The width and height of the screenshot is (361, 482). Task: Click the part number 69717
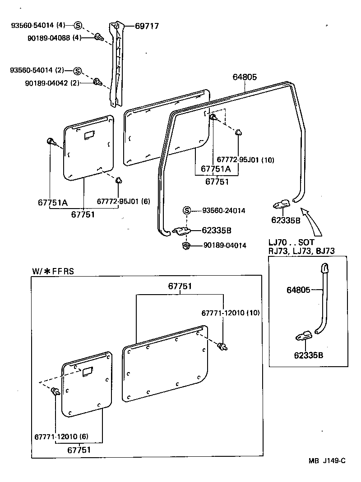147,26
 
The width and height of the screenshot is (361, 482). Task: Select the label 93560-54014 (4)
38,26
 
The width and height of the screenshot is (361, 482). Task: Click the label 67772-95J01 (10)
245,159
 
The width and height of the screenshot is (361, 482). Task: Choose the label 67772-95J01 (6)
123,201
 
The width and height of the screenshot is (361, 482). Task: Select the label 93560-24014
224,210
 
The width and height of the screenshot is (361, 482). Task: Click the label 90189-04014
225,246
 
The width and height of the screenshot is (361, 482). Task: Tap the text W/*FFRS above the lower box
53,271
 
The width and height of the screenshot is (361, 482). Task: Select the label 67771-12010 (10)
231,313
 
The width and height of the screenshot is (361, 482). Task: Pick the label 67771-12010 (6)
61,437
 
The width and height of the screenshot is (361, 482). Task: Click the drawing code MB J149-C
327,461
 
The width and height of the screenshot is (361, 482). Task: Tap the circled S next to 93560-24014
187,210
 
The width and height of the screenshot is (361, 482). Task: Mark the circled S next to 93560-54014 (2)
77,70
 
